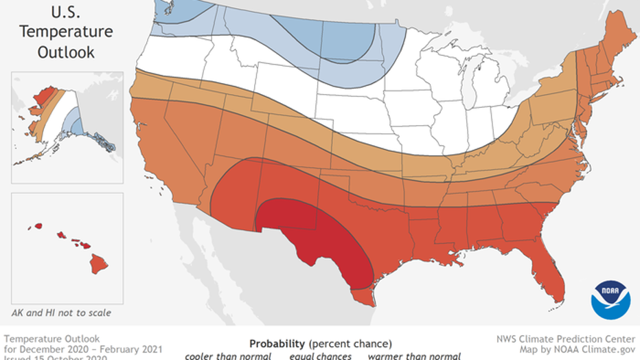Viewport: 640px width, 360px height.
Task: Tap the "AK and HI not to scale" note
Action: coord(60,313)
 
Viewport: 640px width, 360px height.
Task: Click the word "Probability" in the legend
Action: coord(277,343)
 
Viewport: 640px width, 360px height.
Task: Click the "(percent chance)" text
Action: coord(350,343)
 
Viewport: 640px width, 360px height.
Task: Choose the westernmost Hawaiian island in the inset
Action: coord(38,226)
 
